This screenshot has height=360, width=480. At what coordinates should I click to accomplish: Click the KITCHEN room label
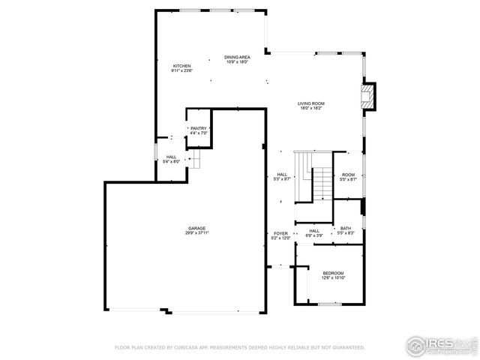click(x=182, y=67)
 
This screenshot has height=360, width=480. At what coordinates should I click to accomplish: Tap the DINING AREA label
click(x=238, y=57)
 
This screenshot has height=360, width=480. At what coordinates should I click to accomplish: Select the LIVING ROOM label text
click(x=310, y=104)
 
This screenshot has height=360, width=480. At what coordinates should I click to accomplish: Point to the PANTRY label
click(x=198, y=129)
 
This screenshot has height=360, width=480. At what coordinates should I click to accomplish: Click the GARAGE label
click(x=197, y=229)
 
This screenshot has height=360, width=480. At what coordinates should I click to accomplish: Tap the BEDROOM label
click(x=333, y=273)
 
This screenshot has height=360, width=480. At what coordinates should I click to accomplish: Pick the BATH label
click(x=346, y=229)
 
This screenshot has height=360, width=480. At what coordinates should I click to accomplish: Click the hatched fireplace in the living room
click(x=367, y=96)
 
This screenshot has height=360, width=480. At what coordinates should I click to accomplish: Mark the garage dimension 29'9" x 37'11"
click(x=197, y=233)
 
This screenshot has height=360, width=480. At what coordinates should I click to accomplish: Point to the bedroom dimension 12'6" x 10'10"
click(x=333, y=277)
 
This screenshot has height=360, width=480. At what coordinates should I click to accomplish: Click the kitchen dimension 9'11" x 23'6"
click(x=182, y=71)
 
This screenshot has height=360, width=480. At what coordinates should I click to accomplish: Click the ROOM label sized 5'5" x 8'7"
click(x=348, y=175)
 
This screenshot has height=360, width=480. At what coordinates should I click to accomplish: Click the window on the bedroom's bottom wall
click(x=330, y=304)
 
